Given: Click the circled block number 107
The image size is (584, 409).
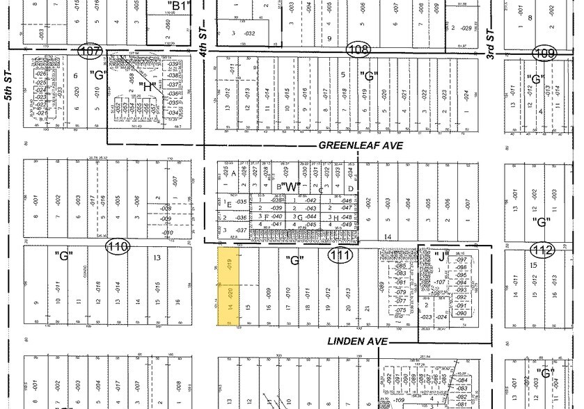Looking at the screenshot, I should tap(91, 51).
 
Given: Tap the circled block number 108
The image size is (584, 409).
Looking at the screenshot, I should tap(358, 49).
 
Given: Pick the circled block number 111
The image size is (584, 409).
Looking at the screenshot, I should tap(340, 256).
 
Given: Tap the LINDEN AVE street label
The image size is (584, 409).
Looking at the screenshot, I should tap(356, 342).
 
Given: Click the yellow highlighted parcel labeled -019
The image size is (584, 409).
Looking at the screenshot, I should tap(230, 264).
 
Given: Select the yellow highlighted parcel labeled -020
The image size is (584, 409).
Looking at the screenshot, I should tap(230, 304).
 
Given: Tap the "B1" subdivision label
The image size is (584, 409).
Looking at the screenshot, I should tap(181, 6).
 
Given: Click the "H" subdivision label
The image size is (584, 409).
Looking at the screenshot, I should tap(148, 87).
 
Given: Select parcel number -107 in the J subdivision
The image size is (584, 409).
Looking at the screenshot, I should tap(439, 282).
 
